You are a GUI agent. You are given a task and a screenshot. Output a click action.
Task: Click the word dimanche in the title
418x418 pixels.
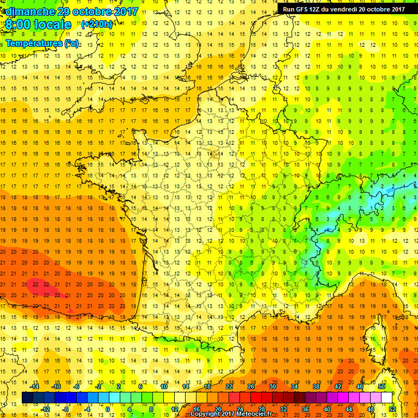[x=28, y=11]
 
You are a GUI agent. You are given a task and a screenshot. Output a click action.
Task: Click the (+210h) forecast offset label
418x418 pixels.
[x=97, y=24]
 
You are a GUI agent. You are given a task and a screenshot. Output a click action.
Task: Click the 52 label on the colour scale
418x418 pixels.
[x=392, y=409]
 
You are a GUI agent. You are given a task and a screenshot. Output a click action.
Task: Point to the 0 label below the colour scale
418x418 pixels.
[x=108, y=409]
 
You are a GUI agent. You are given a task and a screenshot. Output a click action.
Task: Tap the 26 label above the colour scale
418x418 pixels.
[x=251, y=386]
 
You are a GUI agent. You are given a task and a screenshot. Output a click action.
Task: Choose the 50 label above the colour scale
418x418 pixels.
[x=382, y=386]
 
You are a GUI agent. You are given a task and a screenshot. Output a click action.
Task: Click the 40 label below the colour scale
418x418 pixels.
[x=327, y=409]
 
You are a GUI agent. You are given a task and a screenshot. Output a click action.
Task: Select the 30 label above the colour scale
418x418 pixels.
[x=273, y=386]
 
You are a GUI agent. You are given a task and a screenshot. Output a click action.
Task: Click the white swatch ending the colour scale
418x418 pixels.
[x=387, y=398]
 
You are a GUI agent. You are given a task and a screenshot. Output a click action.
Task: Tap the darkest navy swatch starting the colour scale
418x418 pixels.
[x=28, y=398]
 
